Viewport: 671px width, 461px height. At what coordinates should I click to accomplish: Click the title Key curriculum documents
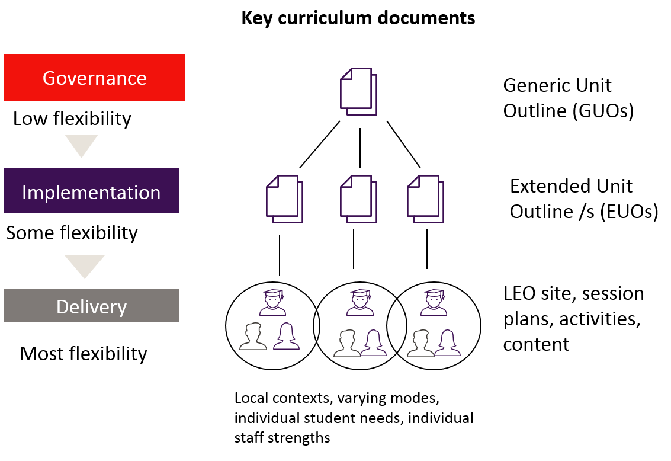point(358,18)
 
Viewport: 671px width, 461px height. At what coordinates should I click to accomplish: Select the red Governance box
point(95,78)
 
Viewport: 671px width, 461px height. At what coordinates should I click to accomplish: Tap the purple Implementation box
point(91,191)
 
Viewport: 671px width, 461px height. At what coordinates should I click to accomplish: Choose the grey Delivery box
point(91,306)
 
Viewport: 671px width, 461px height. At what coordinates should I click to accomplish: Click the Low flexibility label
point(72,119)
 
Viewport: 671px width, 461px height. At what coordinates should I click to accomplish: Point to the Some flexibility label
point(72,233)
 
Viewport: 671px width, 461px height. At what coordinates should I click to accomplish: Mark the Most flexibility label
point(84,354)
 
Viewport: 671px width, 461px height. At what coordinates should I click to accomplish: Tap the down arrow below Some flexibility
point(85,266)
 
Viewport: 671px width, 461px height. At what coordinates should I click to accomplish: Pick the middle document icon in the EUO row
point(358,198)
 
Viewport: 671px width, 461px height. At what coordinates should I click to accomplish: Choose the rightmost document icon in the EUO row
point(426,198)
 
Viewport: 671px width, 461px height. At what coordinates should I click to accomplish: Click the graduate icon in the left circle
point(273,302)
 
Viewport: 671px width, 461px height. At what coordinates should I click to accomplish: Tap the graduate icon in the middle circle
point(359,302)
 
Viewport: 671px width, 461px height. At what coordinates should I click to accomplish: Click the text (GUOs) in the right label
point(603,111)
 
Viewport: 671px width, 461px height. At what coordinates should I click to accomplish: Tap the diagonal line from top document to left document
point(320,144)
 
